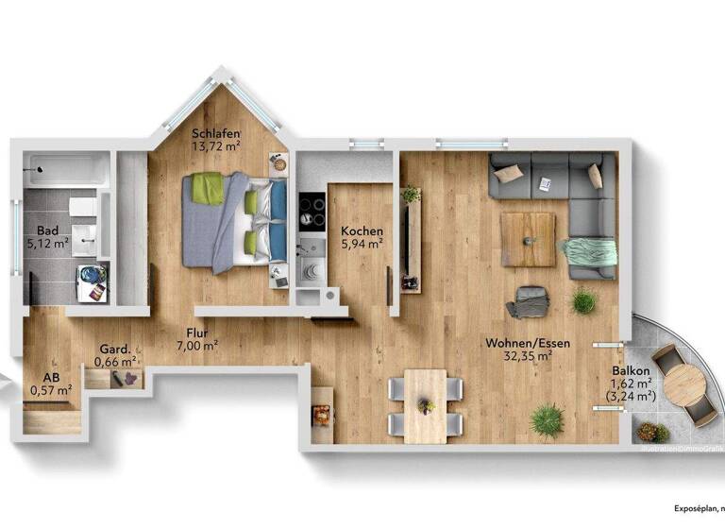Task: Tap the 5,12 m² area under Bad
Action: (x=48, y=243)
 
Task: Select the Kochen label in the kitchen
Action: (x=362, y=230)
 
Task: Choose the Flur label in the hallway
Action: (x=197, y=332)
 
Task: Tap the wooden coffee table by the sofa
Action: (x=528, y=239)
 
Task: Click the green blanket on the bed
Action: (x=209, y=189)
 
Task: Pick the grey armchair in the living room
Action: (x=529, y=301)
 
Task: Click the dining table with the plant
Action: (x=425, y=404)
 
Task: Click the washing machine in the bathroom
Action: (x=92, y=282)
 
